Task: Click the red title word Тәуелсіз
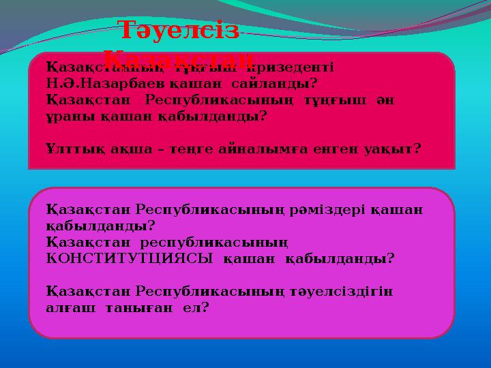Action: point(178,33)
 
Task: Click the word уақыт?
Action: point(391,147)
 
